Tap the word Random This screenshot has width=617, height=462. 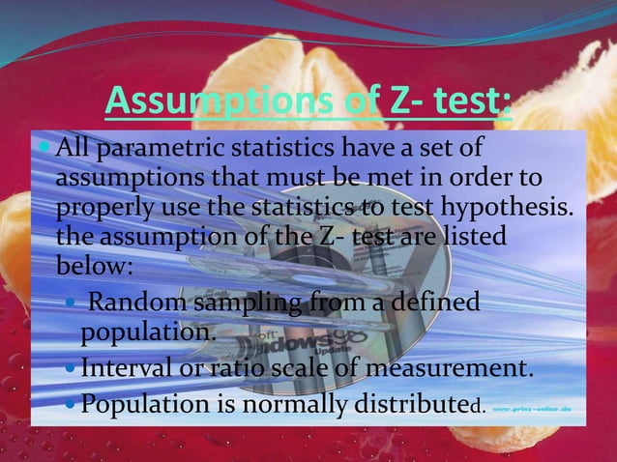tap(139, 305)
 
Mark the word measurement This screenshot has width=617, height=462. tap(448, 368)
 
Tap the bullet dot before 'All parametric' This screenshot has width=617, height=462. tap(44, 151)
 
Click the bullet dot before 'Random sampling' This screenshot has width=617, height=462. tap(70, 306)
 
